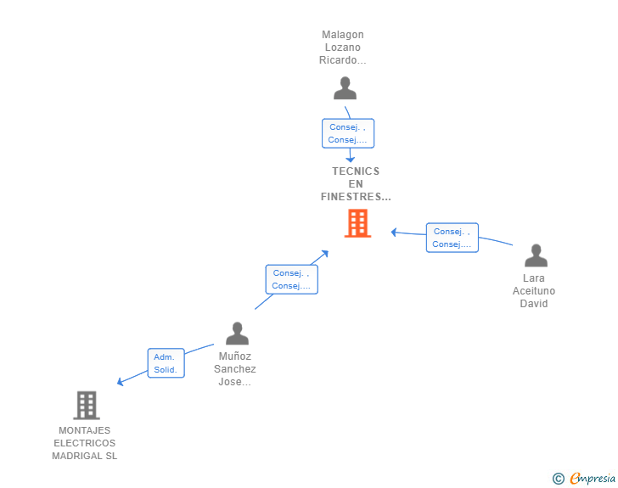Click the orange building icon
click(x=357, y=223)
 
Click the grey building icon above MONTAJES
click(x=87, y=405)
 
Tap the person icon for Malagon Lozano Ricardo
click(x=345, y=88)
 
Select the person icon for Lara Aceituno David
click(x=536, y=255)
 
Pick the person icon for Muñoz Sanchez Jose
click(x=237, y=333)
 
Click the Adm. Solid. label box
click(x=166, y=363)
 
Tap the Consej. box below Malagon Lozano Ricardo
click(x=348, y=133)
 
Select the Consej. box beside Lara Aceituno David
click(x=452, y=238)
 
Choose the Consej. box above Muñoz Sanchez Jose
click(x=292, y=279)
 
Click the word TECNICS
click(x=356, y=171)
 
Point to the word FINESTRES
click(x=351, y=196)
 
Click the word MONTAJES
click(x=84, y=430)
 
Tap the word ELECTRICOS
click(x=84, y=443)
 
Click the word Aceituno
click(x=534, y=291)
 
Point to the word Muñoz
click(x=235, y=356)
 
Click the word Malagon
click(x=342, y=35)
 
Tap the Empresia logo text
click(x=593, y=478)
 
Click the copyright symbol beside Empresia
click(x=558, y=479)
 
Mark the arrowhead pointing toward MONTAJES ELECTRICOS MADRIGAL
click(x=121, y=382)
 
